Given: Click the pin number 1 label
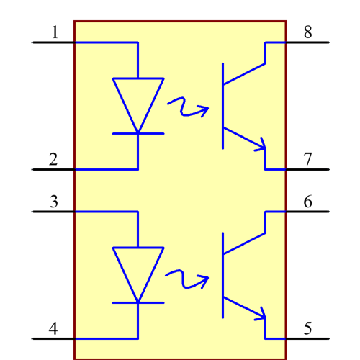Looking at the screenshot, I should pyautogui.click(x=55, y=32).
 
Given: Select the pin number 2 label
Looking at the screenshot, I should pyautogui.click(x=53, y=159).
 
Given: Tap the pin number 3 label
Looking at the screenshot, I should pyautogui.click(x=53, y=202).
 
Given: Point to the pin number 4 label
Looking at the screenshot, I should pyautogui.click(x=53, y=329).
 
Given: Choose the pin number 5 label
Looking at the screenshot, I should pyautogui.click(x=307, y=329).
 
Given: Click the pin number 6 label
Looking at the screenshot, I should pyautogui.click(x=307, y=202).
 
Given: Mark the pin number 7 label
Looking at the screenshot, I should pyautogui.click(x=307, y=159).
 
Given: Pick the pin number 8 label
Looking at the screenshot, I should pyautogui.click(x=307, y=32).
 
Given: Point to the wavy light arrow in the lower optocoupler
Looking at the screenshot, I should pyautogui.click(x=186, y=279).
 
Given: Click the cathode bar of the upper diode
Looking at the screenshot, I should pyautogui.click(x=138, y=133).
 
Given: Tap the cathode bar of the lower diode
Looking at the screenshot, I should pyautogui.click(x=138, y=303).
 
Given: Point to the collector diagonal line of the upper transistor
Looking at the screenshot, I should pyautogui.click(x=244, y=75).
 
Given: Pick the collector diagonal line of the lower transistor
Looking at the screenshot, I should pyautogui.click(x=244, y=244).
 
